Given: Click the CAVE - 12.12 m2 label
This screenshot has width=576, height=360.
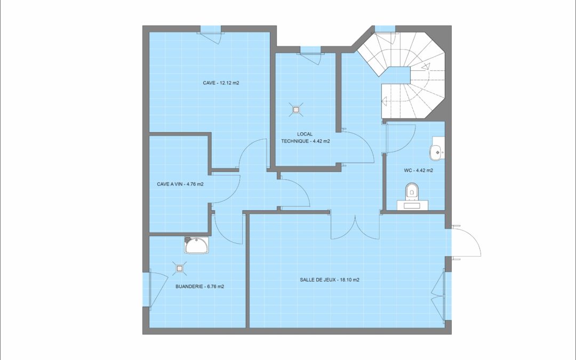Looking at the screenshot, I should point(220,83).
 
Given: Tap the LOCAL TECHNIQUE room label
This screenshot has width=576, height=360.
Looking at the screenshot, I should point(305,138).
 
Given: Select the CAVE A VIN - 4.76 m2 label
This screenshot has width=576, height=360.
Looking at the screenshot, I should point(180,184).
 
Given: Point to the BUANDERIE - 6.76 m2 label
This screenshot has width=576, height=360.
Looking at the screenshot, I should point(199,286).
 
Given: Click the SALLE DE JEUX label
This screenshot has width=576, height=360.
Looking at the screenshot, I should point(329,279).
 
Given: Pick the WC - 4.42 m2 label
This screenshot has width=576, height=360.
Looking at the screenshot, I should point(418,171).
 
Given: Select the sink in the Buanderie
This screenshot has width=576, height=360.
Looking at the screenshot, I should point(197,245).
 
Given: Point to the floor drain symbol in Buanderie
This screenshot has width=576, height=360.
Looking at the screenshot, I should point(179,269).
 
